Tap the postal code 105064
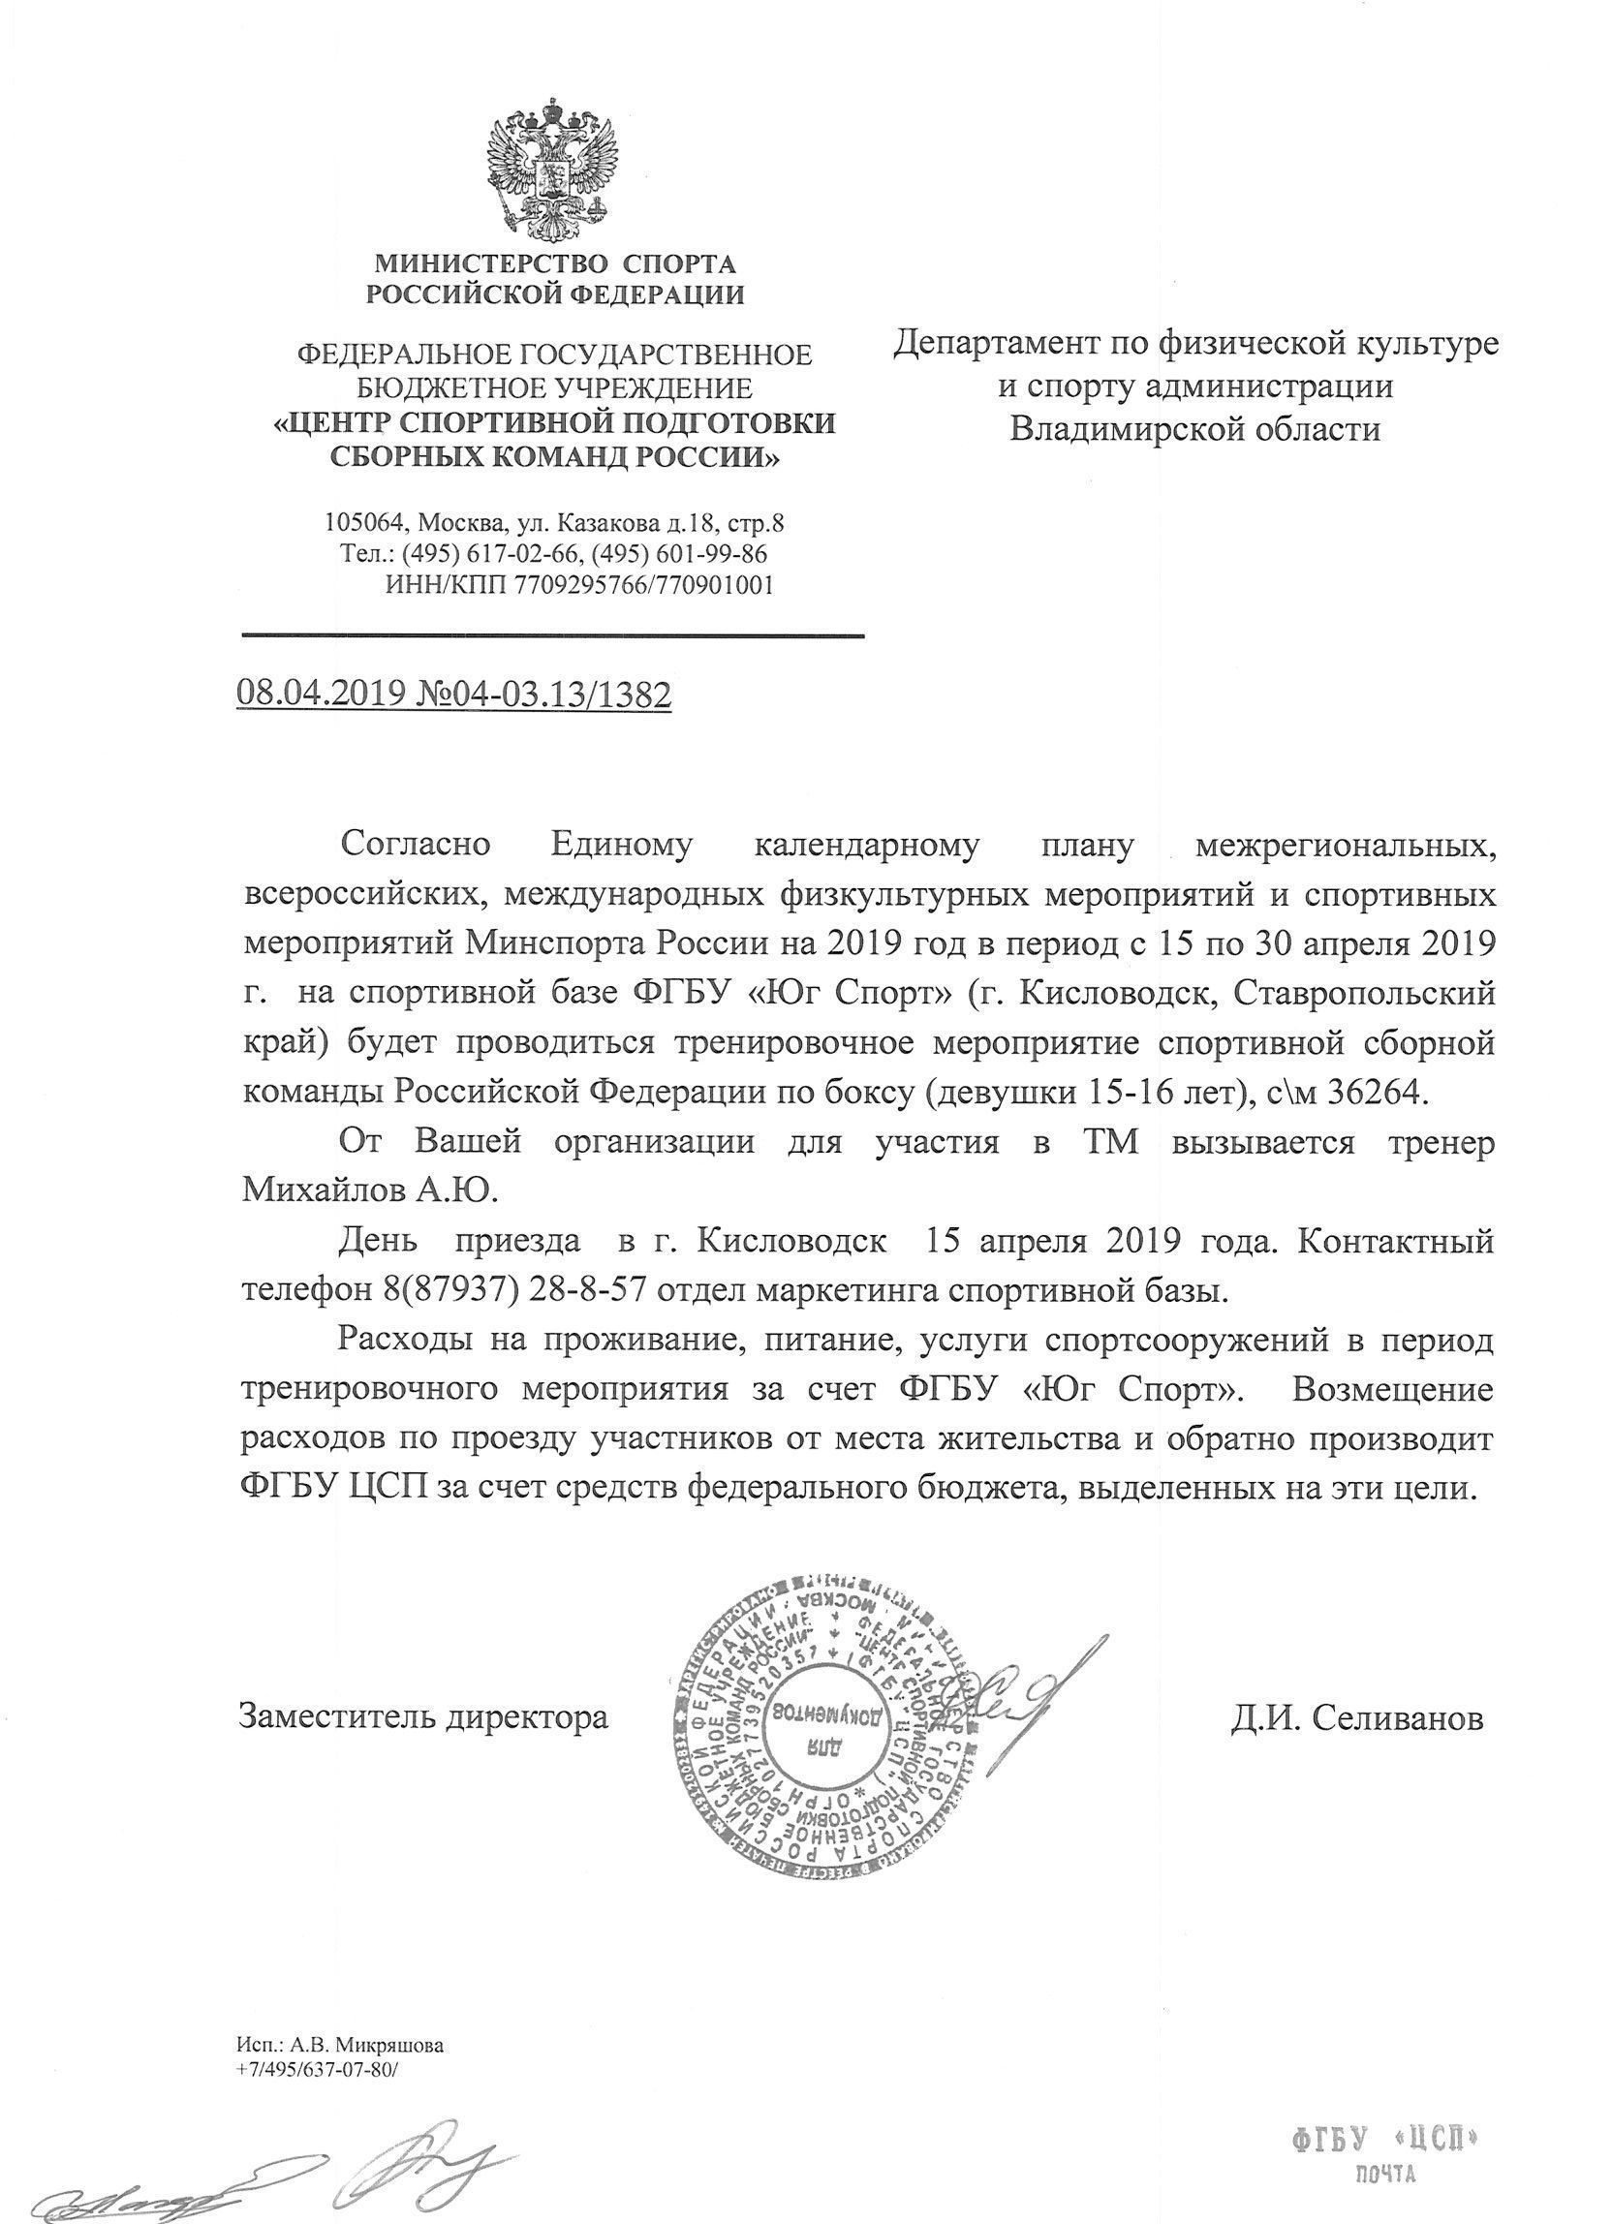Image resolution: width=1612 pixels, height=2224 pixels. coord(367,523)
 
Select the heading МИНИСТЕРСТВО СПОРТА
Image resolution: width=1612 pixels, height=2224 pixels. coord(556,263)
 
